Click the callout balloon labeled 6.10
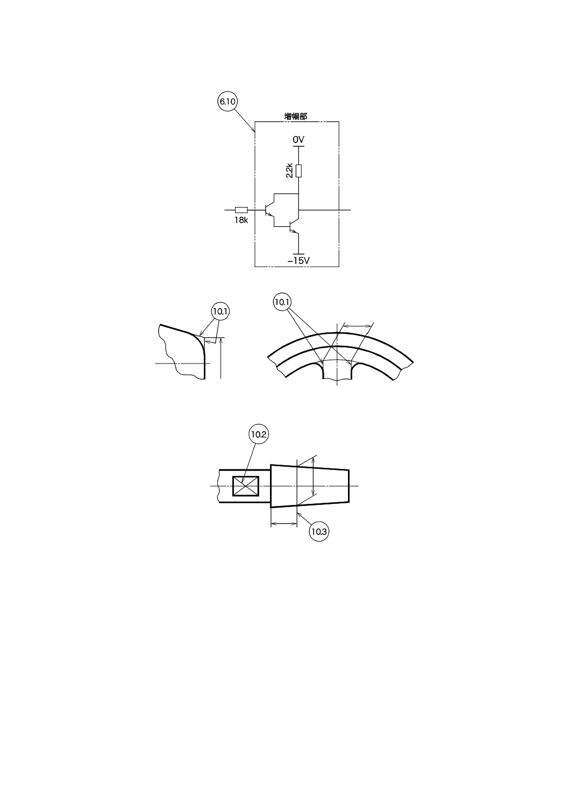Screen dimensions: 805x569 point(227,101)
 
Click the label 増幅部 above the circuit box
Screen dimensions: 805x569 point(296,116)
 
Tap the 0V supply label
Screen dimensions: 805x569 point(298,139)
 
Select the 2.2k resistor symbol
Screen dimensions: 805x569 point(298,170)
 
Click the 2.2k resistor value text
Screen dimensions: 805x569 point(289,170)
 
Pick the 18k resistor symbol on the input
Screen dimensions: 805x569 point(241,210)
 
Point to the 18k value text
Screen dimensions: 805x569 point(241,220)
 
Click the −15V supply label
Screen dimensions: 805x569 point(298,261)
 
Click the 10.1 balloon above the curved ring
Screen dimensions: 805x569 point(282,302)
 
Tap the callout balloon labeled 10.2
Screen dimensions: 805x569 point(259,434)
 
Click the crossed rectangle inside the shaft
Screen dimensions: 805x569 point(246,486)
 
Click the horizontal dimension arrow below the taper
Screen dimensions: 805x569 point(283,523)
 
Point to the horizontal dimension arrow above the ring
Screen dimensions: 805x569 point(357,325)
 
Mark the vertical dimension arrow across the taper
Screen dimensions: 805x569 point(314,476)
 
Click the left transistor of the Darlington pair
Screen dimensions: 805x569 point(269,210)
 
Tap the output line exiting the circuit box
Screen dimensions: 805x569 point(344,210)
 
